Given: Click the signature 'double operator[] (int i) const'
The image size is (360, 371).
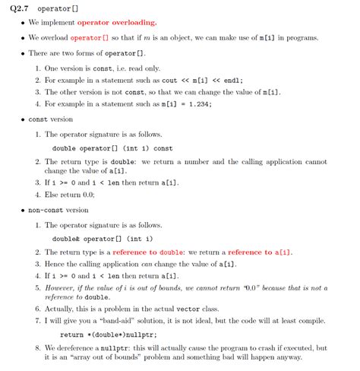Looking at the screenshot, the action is pos(113,148).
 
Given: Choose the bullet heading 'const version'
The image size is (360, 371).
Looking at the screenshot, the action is pos(50,119).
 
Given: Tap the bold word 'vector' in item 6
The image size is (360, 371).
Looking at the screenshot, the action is pos(187,310).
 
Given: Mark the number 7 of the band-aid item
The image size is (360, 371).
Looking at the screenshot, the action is pos(37,322).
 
